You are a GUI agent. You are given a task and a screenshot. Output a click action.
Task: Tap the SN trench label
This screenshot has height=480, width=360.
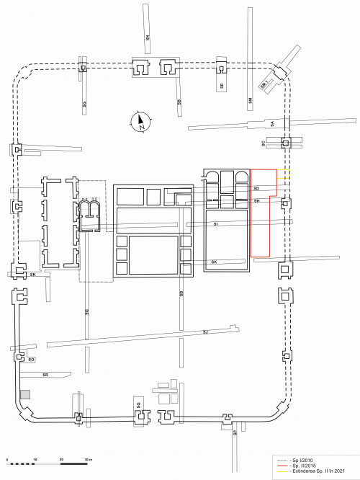(x=147, y=39)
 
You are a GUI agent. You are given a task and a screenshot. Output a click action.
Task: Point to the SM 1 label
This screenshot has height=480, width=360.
(x=264, y=85)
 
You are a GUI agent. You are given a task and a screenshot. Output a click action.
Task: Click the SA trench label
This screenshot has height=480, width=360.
(x=272, y=124)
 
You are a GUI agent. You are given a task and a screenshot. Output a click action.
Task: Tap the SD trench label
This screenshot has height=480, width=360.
(x=256, y=189)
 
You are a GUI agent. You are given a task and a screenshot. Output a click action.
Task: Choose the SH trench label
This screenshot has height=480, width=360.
(x=256, y=201)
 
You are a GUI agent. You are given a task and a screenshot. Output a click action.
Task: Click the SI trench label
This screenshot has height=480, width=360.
(x=216, y=225)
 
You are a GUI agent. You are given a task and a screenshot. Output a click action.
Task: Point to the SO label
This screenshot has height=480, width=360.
(x=31, y=358)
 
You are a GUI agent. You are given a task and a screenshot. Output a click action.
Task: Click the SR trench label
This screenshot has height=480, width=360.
(x=45, y=375)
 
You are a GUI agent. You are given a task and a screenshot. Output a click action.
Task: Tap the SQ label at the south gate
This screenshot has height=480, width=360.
(x=138, y=406)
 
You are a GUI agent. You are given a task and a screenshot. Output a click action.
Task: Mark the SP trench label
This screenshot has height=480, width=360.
(x=234, y=433)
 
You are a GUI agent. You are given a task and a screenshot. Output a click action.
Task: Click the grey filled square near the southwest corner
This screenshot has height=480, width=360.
(x=25, y=394)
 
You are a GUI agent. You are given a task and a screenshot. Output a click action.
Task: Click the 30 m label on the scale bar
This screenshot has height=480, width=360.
(x=89, y=459)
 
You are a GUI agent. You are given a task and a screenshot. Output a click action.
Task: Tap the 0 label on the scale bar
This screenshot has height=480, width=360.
(x=6, y=459)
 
